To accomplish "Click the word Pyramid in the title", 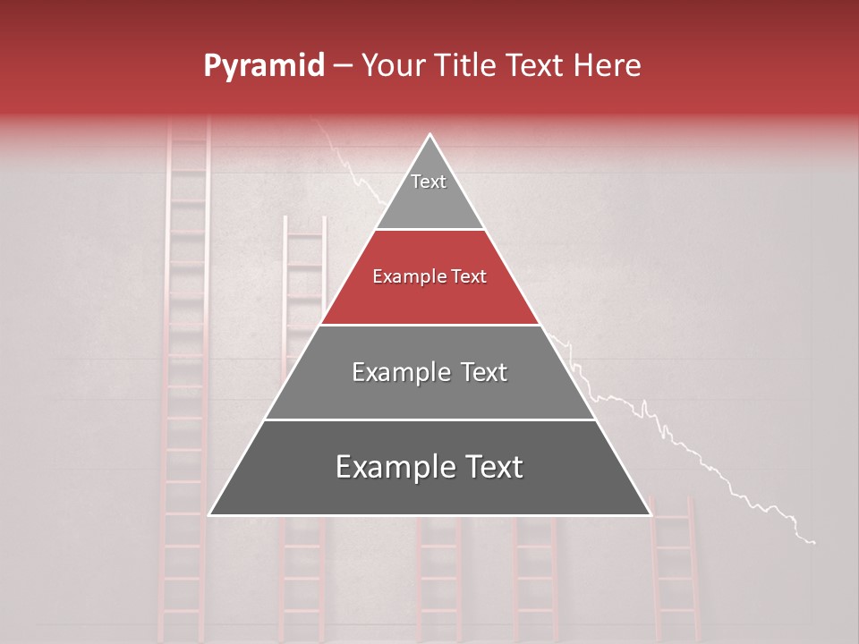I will coord(263,66).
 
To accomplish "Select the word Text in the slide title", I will coord(536,65).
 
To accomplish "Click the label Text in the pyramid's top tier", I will coord(429,182).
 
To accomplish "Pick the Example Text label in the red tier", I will coord(429,276).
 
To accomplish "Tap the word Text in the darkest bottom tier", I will coord(489,467).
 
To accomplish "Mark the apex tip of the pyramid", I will coord(430,135).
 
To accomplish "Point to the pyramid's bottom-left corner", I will coord(210,514).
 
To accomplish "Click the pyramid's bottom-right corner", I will coord(650,514).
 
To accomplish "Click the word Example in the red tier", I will coord(403,276).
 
